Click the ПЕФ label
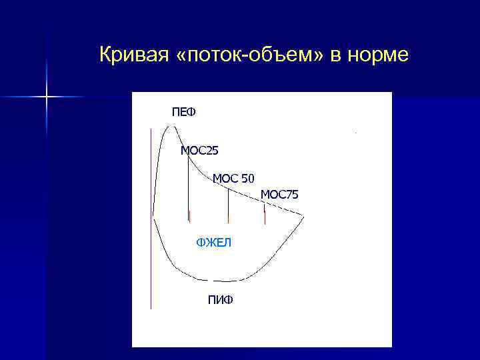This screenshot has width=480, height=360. point(184,111)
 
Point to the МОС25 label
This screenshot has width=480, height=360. point(199,151)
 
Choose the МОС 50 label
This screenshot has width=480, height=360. point(233,178)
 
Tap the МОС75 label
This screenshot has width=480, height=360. point(279,195)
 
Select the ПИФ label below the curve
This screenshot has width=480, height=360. point(221,300)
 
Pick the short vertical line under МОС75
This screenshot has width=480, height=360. point(265,215)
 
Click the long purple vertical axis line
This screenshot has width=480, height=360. point(151,220)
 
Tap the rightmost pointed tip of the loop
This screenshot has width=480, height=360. point(304,216)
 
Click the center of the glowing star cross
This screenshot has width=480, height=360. point(47,97)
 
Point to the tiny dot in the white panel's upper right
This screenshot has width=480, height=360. point(356,133)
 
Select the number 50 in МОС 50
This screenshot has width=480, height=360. point(247,178)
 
